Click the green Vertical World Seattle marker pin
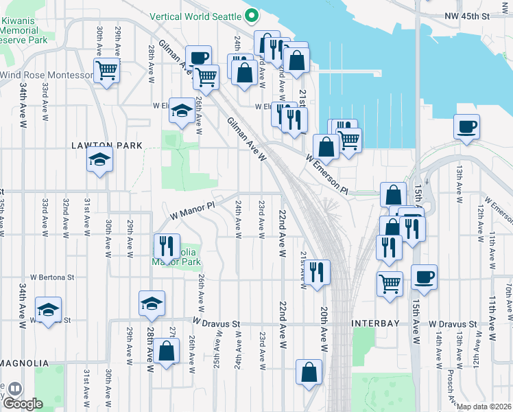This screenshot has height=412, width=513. [252, 15]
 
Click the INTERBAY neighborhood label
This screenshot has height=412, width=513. [378, 323]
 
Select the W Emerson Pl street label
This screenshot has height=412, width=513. [327, 174]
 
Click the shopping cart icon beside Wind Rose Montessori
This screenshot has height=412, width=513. [106, 69]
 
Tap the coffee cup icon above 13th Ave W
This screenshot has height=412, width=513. [466, 126]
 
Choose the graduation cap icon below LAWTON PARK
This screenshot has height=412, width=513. [99, 160]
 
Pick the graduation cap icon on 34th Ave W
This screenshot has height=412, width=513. [48, 310]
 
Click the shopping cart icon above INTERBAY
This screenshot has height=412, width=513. [390, 282]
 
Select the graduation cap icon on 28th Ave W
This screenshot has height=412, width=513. [152, 303]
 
